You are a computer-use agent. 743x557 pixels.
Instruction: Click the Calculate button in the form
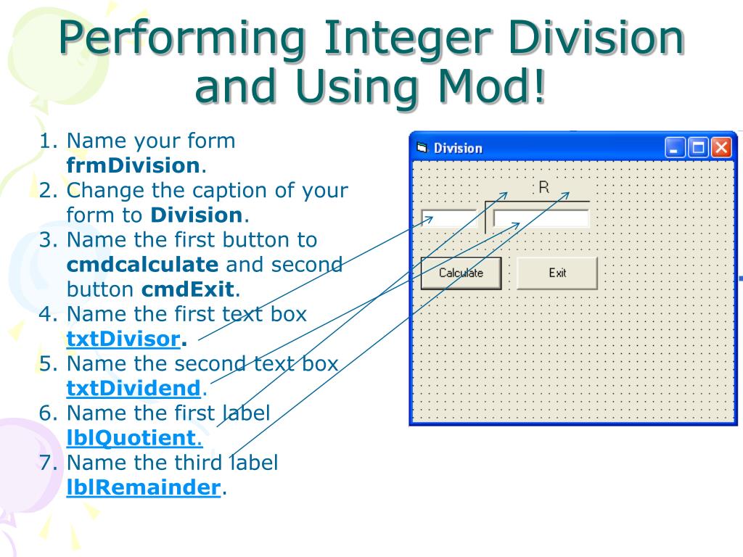(461, 273)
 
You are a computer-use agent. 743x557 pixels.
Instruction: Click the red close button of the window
(721, 148)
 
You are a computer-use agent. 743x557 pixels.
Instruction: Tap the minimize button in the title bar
(675, 148)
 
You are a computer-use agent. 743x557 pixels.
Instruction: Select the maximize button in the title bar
(698, 148)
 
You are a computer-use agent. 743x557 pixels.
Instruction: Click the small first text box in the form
(448, 219)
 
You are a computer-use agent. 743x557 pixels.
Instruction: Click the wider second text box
(541, 218)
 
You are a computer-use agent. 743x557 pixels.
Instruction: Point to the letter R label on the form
(543, 188)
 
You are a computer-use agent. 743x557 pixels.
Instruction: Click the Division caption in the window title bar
(458, 149)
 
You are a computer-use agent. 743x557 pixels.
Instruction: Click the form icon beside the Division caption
(422, 148)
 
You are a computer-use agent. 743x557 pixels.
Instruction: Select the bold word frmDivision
(133, 165)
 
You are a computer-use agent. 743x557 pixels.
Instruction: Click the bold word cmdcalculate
(142, 265)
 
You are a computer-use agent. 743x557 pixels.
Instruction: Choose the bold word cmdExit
(189, 290)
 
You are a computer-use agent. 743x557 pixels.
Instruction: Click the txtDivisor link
(123, 339)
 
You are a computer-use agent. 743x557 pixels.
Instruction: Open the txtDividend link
(133, 388)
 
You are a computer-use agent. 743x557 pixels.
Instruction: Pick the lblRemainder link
(143, 487)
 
